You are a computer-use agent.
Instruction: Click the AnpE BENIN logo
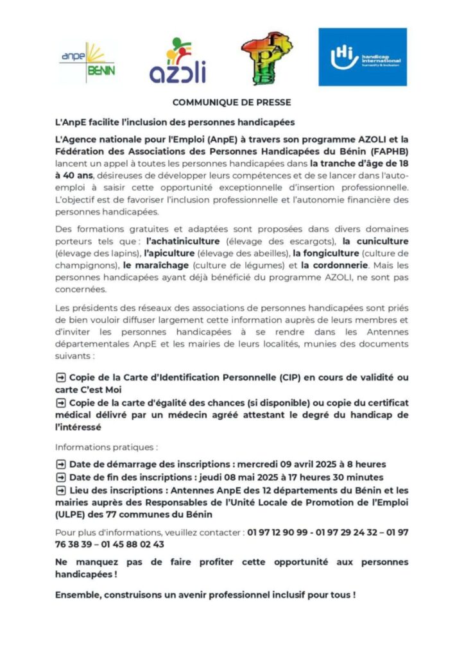point(87,64)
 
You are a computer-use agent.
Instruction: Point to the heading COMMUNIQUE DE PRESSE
point(232,103)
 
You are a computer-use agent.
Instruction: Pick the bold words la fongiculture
point(325,253)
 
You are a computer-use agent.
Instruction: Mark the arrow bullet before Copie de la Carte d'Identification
point(61,378)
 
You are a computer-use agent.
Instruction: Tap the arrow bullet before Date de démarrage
point(61,464)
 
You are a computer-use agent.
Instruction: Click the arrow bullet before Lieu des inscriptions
point(61,490)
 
